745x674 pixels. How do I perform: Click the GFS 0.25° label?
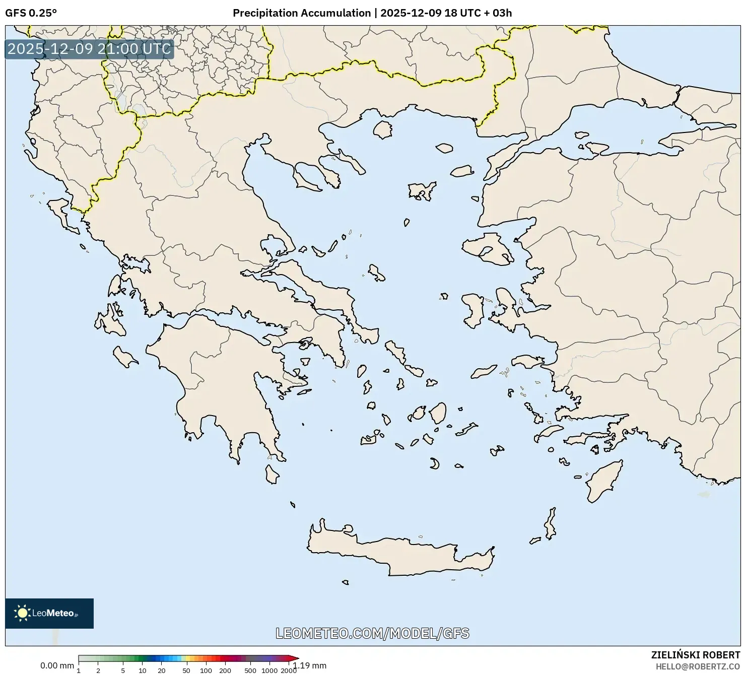click(x=31, y=13)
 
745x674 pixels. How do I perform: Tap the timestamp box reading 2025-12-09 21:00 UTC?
click(x=89, y=49)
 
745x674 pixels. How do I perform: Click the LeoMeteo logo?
click(x=49, y=613)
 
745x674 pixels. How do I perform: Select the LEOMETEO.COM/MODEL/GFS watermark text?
click(x=372, y=633)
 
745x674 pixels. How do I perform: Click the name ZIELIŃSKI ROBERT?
click(x=695, y=655)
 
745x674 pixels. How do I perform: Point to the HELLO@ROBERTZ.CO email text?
click(x=698, y=666)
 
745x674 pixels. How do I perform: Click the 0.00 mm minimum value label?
click(x=57, y=665)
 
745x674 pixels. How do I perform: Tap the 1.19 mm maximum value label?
click(x=311, y=665)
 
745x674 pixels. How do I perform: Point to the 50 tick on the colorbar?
click(x=186, y=670)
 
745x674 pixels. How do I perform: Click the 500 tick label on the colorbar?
click(x=250, y=670)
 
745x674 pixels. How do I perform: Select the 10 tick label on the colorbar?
click(x=143, y=670)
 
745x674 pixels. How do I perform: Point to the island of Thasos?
click(x=383, y=129)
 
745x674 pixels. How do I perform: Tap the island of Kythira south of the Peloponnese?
click(x=272, y=474)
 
